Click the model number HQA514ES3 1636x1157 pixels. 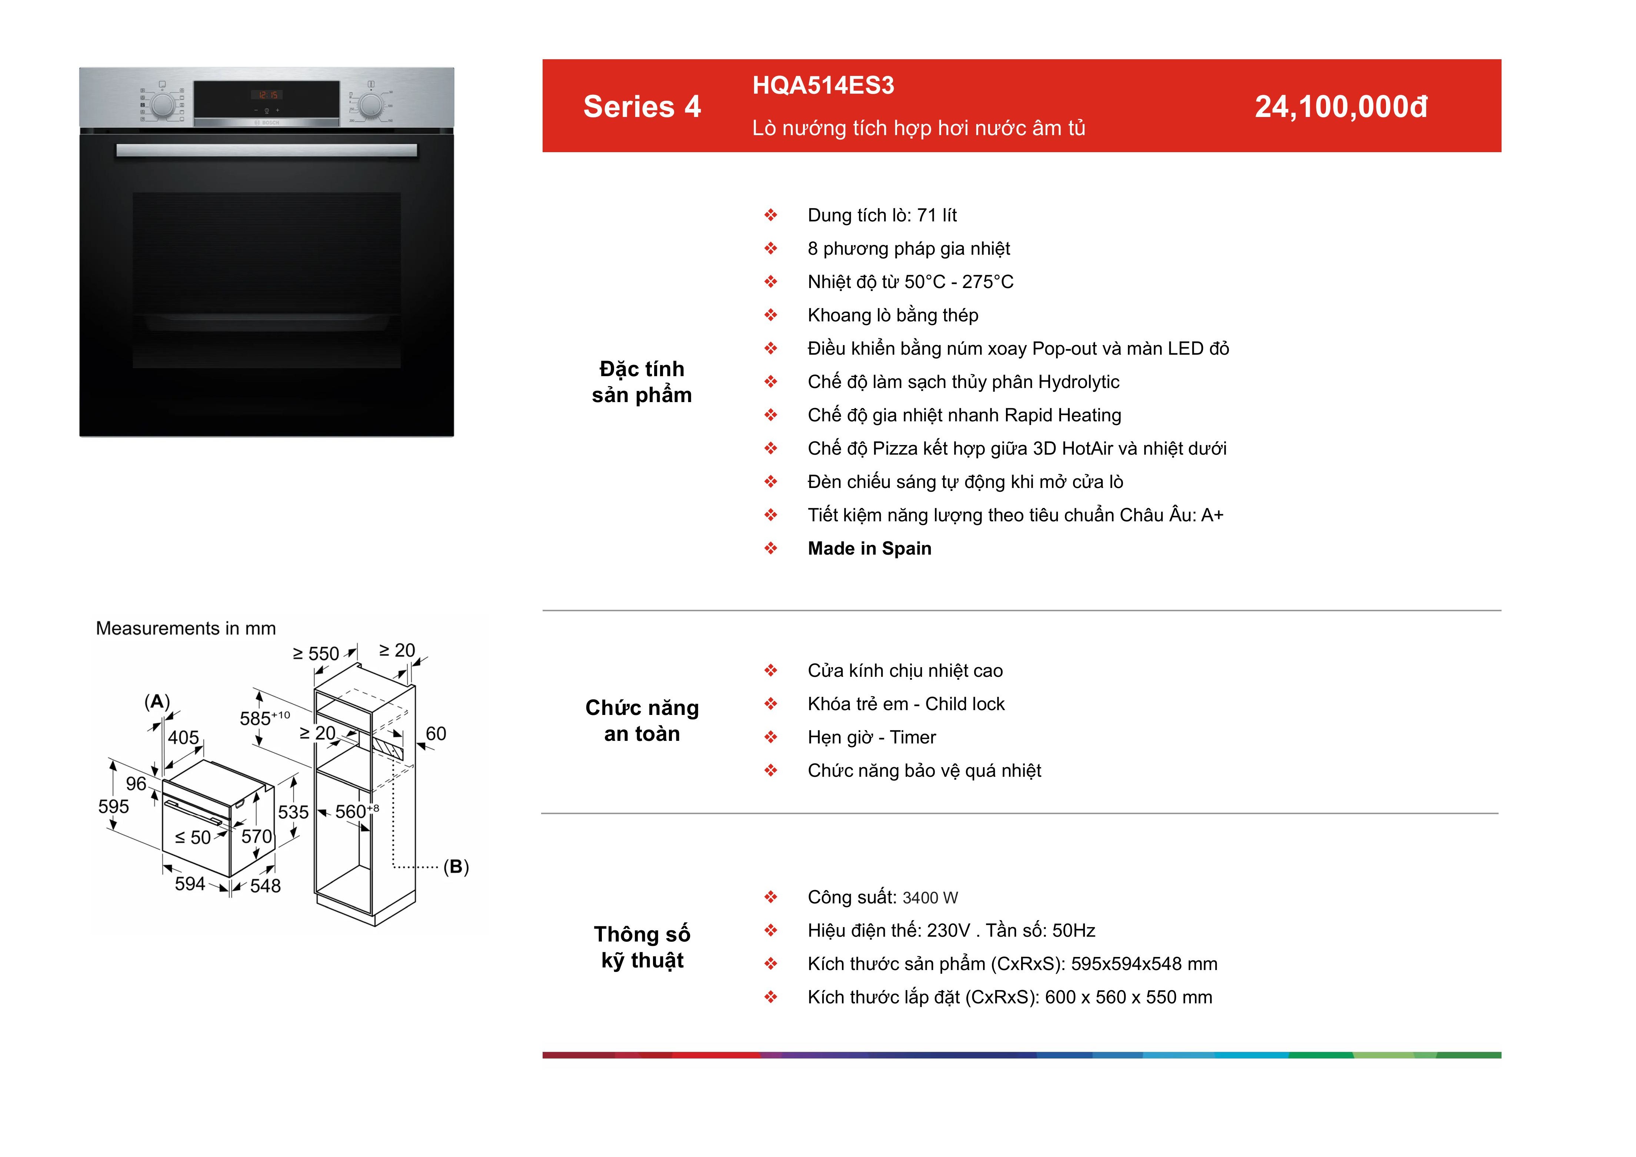[x=823, y=86]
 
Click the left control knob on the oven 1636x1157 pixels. [x=163, y=106]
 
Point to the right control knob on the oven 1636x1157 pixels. [x=370, y=106]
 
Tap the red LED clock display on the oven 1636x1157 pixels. [x=268, y=95]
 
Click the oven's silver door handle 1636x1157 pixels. [x=266, y=150]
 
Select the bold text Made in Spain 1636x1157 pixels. [x=869, y=549]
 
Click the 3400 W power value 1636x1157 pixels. [x=930, y=898]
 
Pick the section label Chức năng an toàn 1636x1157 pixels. [x=642, y=720]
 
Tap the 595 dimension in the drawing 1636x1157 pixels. [x=114, y=806]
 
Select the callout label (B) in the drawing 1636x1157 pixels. [x=456, y=867]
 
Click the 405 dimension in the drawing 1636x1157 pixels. [x=183, y=738]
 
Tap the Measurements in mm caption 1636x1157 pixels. [x=186, y=628]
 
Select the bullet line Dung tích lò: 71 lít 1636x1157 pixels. [x=882, y=215]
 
